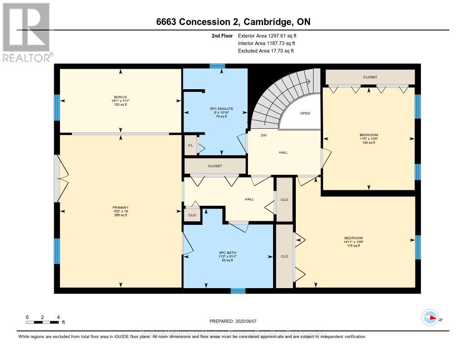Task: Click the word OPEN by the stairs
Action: coord(305,114)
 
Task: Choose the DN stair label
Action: coord(263,135)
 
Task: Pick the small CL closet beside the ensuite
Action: coord(190,146)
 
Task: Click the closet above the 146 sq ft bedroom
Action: coord(370,77)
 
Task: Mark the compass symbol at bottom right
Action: coord(430,317)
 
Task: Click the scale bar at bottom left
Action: coord(43,322)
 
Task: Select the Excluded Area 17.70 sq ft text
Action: coord(266,51)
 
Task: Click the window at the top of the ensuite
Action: coord(218,66)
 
